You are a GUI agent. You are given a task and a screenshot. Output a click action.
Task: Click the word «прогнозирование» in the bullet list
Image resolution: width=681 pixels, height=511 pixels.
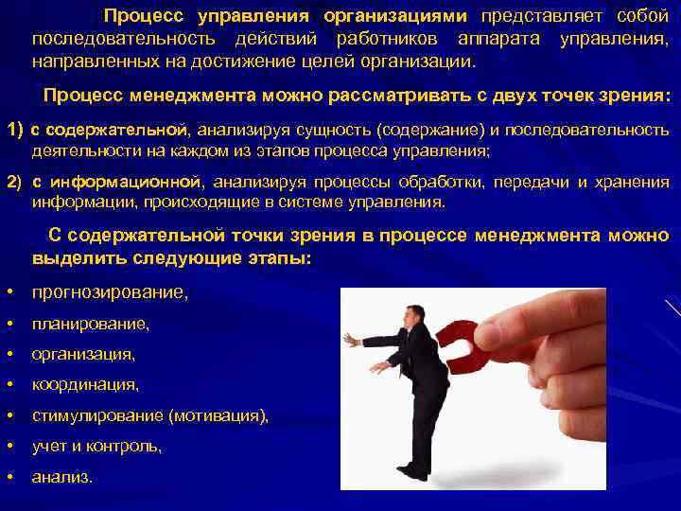108,293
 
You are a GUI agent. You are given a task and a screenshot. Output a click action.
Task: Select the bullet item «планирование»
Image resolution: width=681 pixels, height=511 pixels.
90,325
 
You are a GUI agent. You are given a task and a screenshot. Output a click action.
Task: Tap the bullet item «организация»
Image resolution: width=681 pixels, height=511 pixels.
82,355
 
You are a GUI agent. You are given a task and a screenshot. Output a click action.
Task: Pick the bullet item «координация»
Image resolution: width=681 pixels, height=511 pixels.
85,385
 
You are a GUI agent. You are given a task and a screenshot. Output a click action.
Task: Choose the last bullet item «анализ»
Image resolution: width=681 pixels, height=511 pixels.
61,478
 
